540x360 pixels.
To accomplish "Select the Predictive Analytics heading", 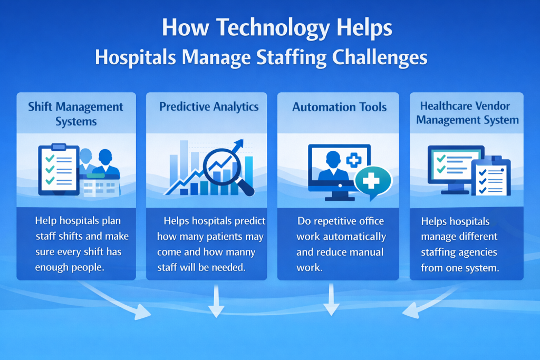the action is click(209, 106).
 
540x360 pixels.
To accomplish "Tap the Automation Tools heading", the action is click(339, 107).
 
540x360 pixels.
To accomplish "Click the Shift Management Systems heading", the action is click(76, 114).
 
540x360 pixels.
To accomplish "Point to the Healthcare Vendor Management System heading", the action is click(467, 113).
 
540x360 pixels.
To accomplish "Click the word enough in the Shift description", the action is click(50, 267).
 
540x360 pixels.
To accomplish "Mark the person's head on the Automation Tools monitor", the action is click(333, 160).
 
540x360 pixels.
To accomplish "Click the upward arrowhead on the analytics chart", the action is click(239, 143).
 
